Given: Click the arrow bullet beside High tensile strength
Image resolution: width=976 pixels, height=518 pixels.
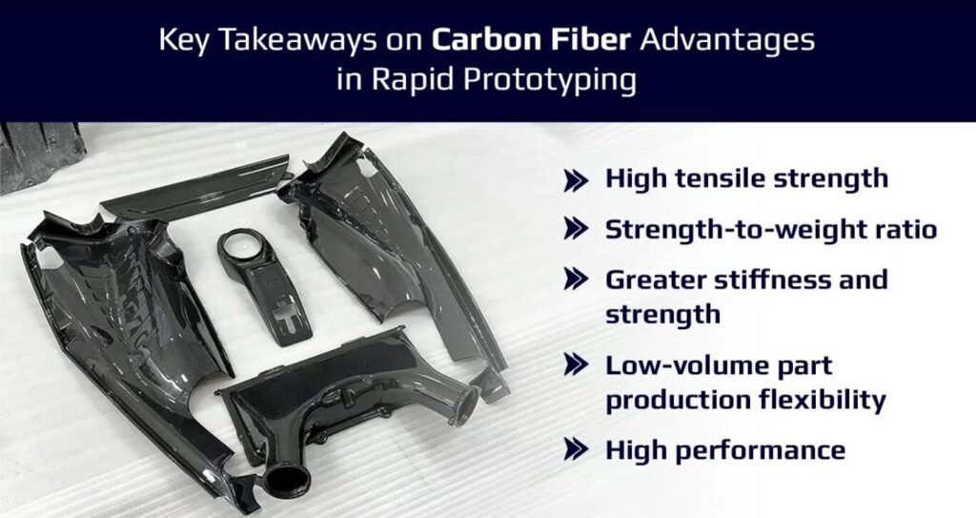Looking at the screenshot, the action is point(576,180).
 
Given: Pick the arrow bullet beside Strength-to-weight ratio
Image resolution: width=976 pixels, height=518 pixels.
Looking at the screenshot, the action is point(576,229).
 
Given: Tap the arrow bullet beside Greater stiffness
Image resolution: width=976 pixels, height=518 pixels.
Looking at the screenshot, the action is point(576,279).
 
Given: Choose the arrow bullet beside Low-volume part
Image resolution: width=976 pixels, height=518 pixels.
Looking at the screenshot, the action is point(576,364).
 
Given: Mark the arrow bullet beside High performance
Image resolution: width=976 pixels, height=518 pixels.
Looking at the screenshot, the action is point(576,448).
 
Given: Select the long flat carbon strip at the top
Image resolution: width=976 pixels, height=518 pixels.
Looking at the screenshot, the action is point(196,188).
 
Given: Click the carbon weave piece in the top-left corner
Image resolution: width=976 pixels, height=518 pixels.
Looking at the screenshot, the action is point(40,155).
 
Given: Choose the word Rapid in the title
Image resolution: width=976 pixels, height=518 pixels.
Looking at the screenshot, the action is point(394,80).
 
